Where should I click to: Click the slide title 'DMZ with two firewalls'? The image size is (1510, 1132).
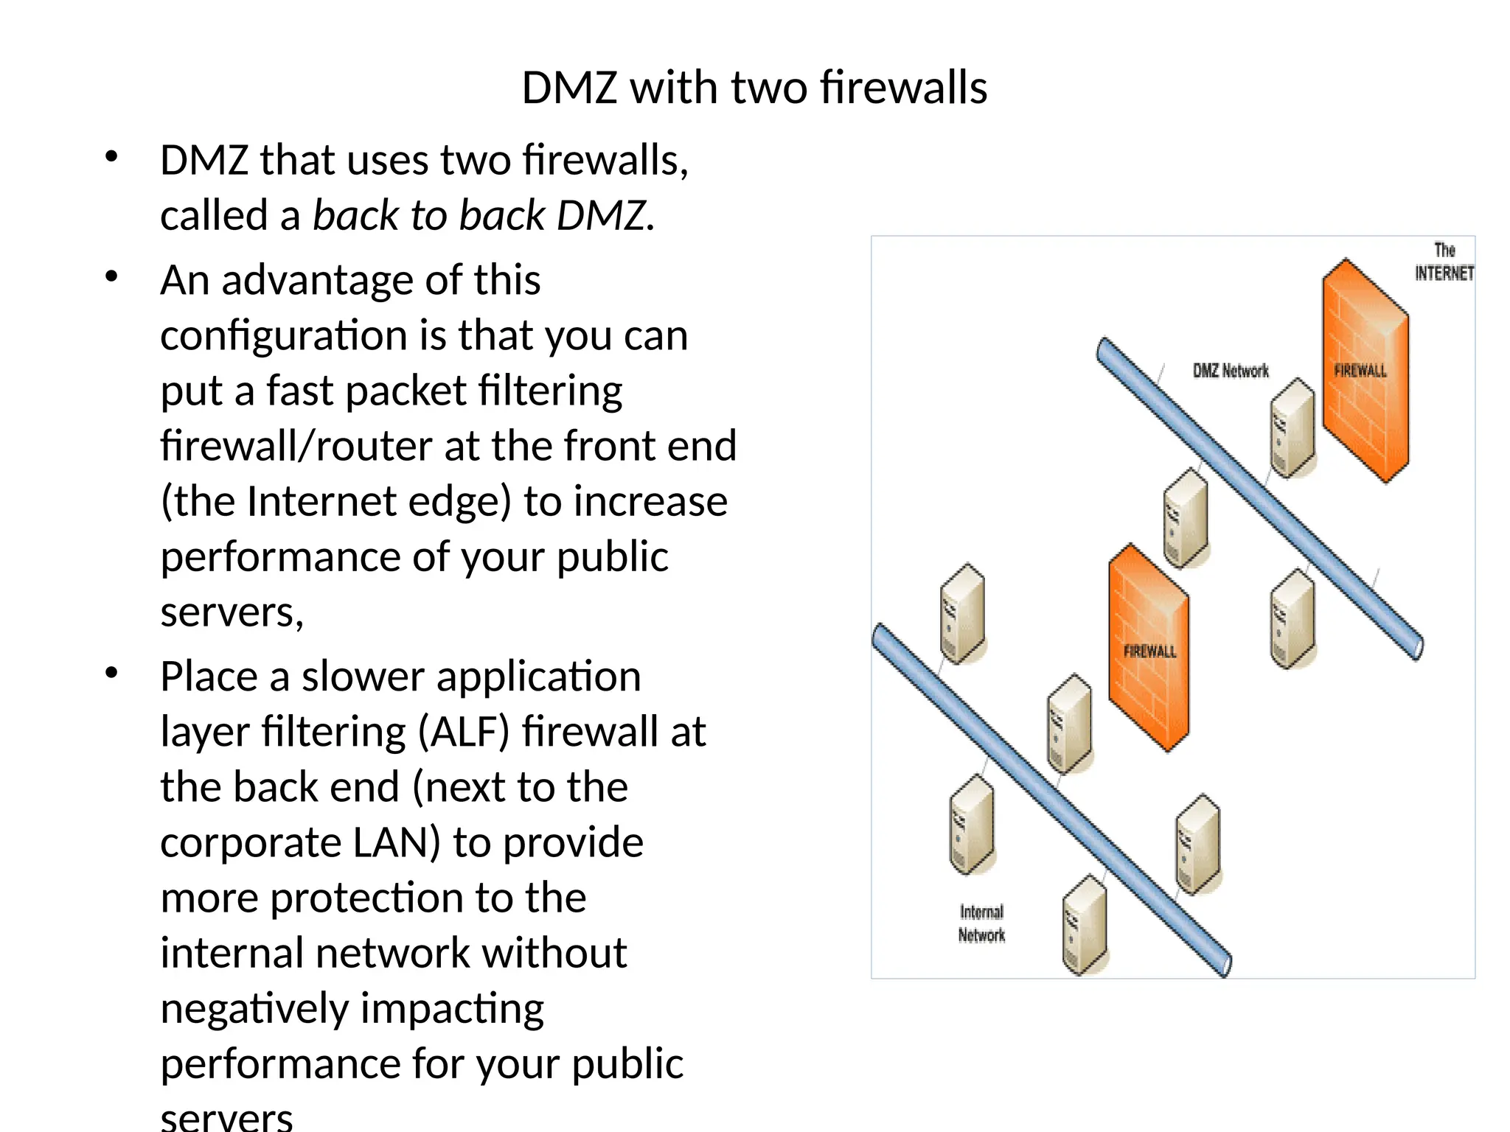[x=754, y=88]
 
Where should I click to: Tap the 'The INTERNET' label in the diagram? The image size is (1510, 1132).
[x=1443, y=262]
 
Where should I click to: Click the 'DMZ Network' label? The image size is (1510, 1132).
[x=1231, y=371]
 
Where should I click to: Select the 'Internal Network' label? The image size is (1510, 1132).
[x=981, y=923]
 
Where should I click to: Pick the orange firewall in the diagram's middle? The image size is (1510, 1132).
[x=1149, y=649]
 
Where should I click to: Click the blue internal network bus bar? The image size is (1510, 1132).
[x=1047, y=796]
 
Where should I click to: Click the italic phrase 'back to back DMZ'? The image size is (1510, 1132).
[x=482, y=216]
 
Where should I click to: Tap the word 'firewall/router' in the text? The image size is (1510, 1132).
[x=296, y=446]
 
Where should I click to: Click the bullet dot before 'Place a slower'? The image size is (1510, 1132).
[x=111, y=673]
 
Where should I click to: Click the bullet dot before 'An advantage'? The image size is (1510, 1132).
[x=111, y=277]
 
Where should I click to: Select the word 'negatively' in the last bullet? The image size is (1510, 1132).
[x=253, y=1008]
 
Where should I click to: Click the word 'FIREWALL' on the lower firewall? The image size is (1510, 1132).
[x=1149, y=651]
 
